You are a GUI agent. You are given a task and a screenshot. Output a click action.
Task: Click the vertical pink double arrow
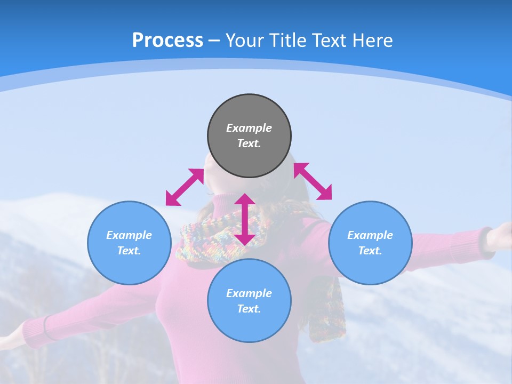[245, 219]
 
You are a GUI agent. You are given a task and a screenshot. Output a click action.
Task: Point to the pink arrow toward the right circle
[313, 181]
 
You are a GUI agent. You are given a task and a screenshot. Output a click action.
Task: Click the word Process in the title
[167, 40]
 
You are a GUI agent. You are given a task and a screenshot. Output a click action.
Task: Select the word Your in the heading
[245, 40]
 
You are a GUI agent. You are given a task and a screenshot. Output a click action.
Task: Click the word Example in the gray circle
[249, 128]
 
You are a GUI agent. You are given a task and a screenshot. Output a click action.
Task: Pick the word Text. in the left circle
[129, 251]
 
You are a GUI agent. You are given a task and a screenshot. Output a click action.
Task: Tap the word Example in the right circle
[370, 235]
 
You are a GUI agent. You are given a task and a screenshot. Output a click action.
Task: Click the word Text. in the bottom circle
[249, 309]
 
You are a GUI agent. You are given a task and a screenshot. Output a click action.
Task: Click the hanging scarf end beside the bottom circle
[326, 309]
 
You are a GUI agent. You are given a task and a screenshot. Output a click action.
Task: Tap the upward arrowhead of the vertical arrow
[245, 200]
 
